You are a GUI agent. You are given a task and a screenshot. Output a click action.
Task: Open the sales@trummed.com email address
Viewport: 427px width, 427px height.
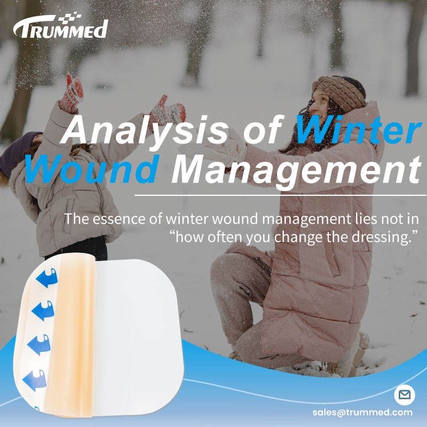pyautogui.click(x=362, y=413)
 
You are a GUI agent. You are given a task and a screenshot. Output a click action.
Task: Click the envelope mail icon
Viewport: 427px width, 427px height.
pyautogui.click(x=404, y=396)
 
